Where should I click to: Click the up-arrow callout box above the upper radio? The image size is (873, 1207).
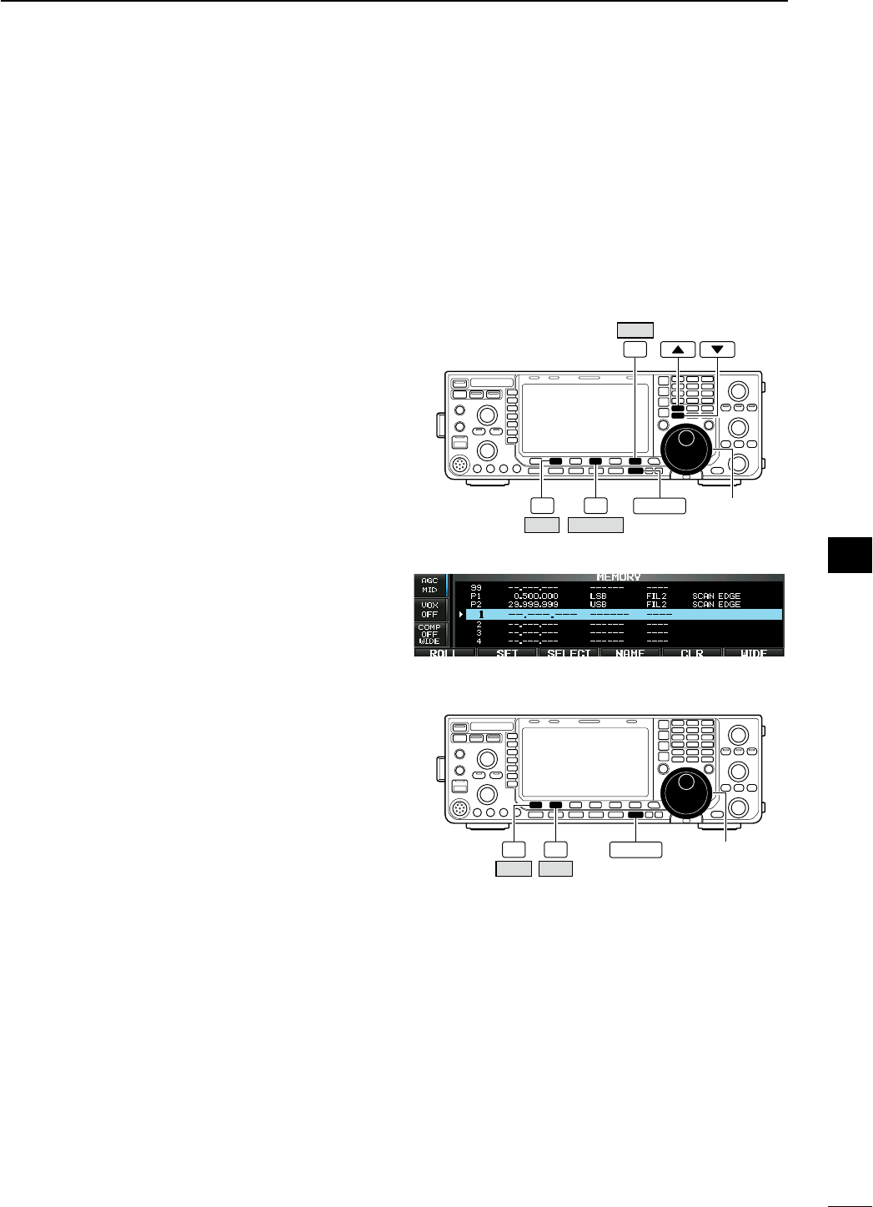pyautogui.click(x=677, y=349)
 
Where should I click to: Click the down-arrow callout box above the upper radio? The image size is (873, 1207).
pyautogui.click(x=718, y=349)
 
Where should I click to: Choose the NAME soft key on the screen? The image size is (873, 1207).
pyautogui.click(x=630, y=653)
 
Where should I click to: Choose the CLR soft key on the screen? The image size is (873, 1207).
pyautogui.click(x=692, y=653)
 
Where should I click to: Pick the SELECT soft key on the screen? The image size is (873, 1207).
pyautogui.click(x=569, y=653)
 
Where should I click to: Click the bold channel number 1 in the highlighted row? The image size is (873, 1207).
pyautogui.click(x=480, y=614)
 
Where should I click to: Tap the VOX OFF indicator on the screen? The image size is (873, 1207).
pyautogui.click(x=429, y=608)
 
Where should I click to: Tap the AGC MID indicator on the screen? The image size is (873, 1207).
pyautogui.click(x=429, y=584)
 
